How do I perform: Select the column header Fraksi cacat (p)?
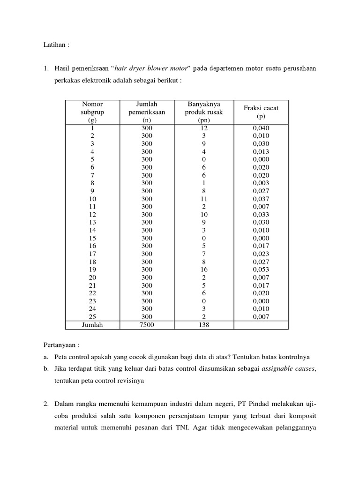pos(261,112)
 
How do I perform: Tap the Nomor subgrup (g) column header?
pos(92,112)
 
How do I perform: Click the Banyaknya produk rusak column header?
pos(203,112)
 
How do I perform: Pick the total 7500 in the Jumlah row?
pos(147,324)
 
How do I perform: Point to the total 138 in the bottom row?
pos(203,324)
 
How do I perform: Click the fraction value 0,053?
pos(261,270)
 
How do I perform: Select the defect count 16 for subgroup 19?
pos(203,270)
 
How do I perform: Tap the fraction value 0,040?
pos(261,128)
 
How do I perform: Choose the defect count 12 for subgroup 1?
pos(203,128)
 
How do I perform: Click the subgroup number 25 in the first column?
pos(92,316)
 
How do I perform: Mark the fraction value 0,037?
pos(261,199)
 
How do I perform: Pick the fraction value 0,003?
pos(261,183)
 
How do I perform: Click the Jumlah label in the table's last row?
pos(92,324)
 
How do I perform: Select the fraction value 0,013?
pos(261,151)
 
